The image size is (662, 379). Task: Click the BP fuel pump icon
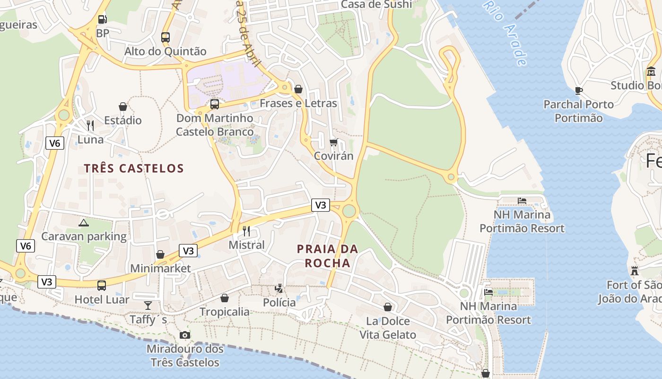point(102,19)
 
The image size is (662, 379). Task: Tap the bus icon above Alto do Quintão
point(165,37)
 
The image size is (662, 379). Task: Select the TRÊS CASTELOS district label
point(134,168)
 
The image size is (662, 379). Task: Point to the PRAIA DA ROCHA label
point(328,256)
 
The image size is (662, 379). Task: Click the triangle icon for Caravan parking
point(84,223)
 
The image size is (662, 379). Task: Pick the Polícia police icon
point(279,288)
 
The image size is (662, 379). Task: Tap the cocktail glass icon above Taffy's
point(148,305)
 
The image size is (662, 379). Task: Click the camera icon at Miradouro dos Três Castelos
point(185,335)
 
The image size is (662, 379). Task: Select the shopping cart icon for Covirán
point(334,142)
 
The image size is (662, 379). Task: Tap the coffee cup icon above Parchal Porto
point(578,90)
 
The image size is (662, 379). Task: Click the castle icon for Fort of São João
point(635,271)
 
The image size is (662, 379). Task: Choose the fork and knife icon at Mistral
point(246,231)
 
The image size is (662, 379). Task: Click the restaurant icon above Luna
point(90,126)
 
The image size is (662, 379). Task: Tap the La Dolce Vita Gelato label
point(388,328)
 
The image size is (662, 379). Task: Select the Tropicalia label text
point(225,312)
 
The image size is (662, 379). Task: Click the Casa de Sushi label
point(376,4)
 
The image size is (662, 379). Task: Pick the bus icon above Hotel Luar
point(102,286)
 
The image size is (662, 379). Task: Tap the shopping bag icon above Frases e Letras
point(298,89)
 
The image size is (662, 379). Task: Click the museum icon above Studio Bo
point(651,72)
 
